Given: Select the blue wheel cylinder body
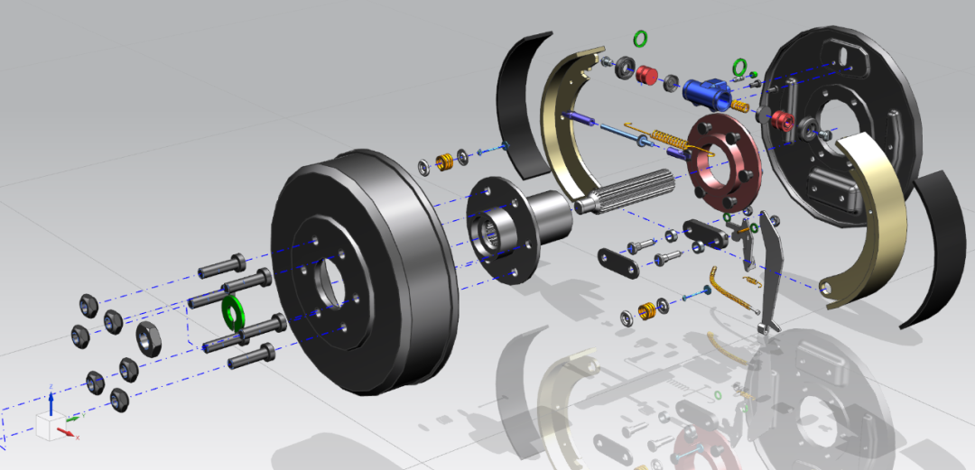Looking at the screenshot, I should (705, 89).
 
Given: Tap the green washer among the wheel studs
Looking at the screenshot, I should (232, 310).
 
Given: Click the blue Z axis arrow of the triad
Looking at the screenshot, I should (51, 397).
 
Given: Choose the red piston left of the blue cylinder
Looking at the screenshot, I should (647, 73).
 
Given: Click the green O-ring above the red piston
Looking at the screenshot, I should (641, 39).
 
